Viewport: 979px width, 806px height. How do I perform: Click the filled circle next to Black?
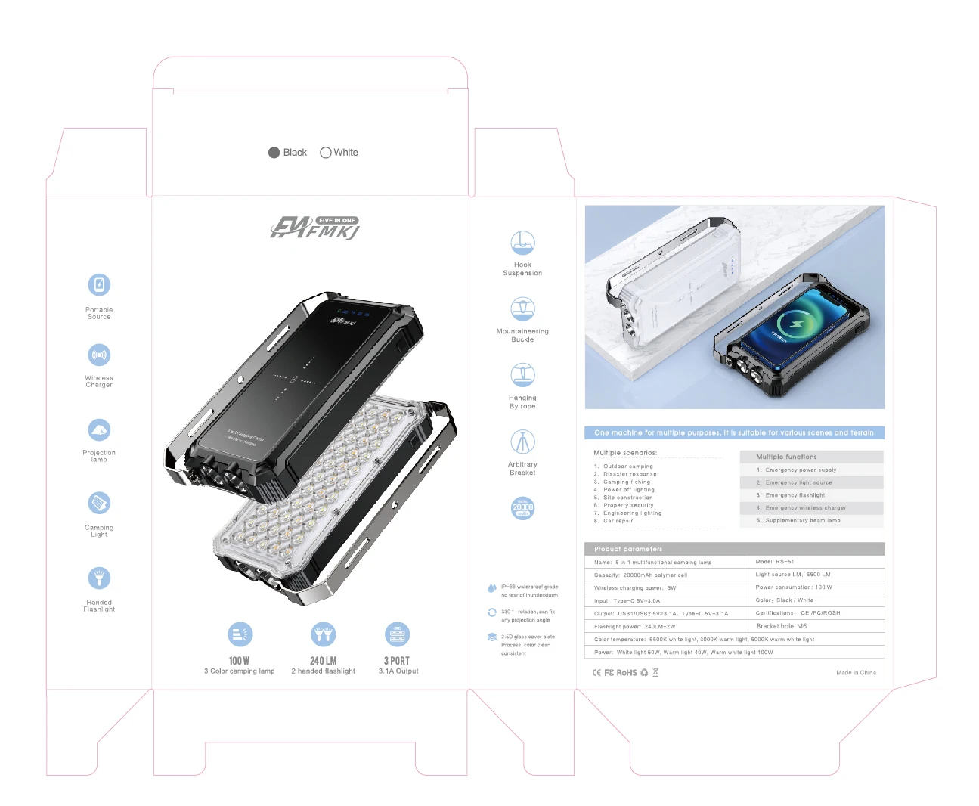pyautogui.click(x=274, y=153)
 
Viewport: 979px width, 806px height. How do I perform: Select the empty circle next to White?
pyautogui.click(x=326, y=153)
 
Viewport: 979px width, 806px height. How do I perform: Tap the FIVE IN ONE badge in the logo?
pyautogui.click(x=337, y=220)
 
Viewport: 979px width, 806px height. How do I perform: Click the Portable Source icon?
pyautogui.click(x=99, y=285)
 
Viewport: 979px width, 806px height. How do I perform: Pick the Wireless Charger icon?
pyautogui.click(x=99, y=355)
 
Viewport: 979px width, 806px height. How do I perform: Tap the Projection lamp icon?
pyautogui.click(x=99, y=429)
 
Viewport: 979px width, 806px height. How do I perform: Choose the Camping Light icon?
pyautogui.click(x=99, y=503)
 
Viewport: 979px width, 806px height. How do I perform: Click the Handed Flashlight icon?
pyautogui.click(x=99, y=578)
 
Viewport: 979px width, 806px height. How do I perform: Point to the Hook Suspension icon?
pyautogui.click(x=522, y=243)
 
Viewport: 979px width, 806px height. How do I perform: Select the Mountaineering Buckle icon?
pyautogui.click(x=522, y=308)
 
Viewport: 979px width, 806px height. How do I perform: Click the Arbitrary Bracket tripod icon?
pyautogui.click(x=522, y=442)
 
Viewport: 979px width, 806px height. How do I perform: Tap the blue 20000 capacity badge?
pyautogui.click(x=522, y=508)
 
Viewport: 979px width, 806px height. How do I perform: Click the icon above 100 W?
pyautogui.click(x=240, y=634)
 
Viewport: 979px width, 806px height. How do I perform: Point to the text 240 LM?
pyautogui.click(x=323, y=661)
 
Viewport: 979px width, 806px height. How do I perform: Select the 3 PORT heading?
pyautogui.click(x=397, y=661)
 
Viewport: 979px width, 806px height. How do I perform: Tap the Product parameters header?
pyautogui.click(x=628, y=549)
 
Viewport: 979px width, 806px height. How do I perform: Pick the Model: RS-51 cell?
pyautogui.click(x=775, y=562)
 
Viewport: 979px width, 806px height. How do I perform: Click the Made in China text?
pyautogui.click(x=856, y=673)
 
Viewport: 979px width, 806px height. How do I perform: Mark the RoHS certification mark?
pyautogui.click(x=627, y=673)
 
